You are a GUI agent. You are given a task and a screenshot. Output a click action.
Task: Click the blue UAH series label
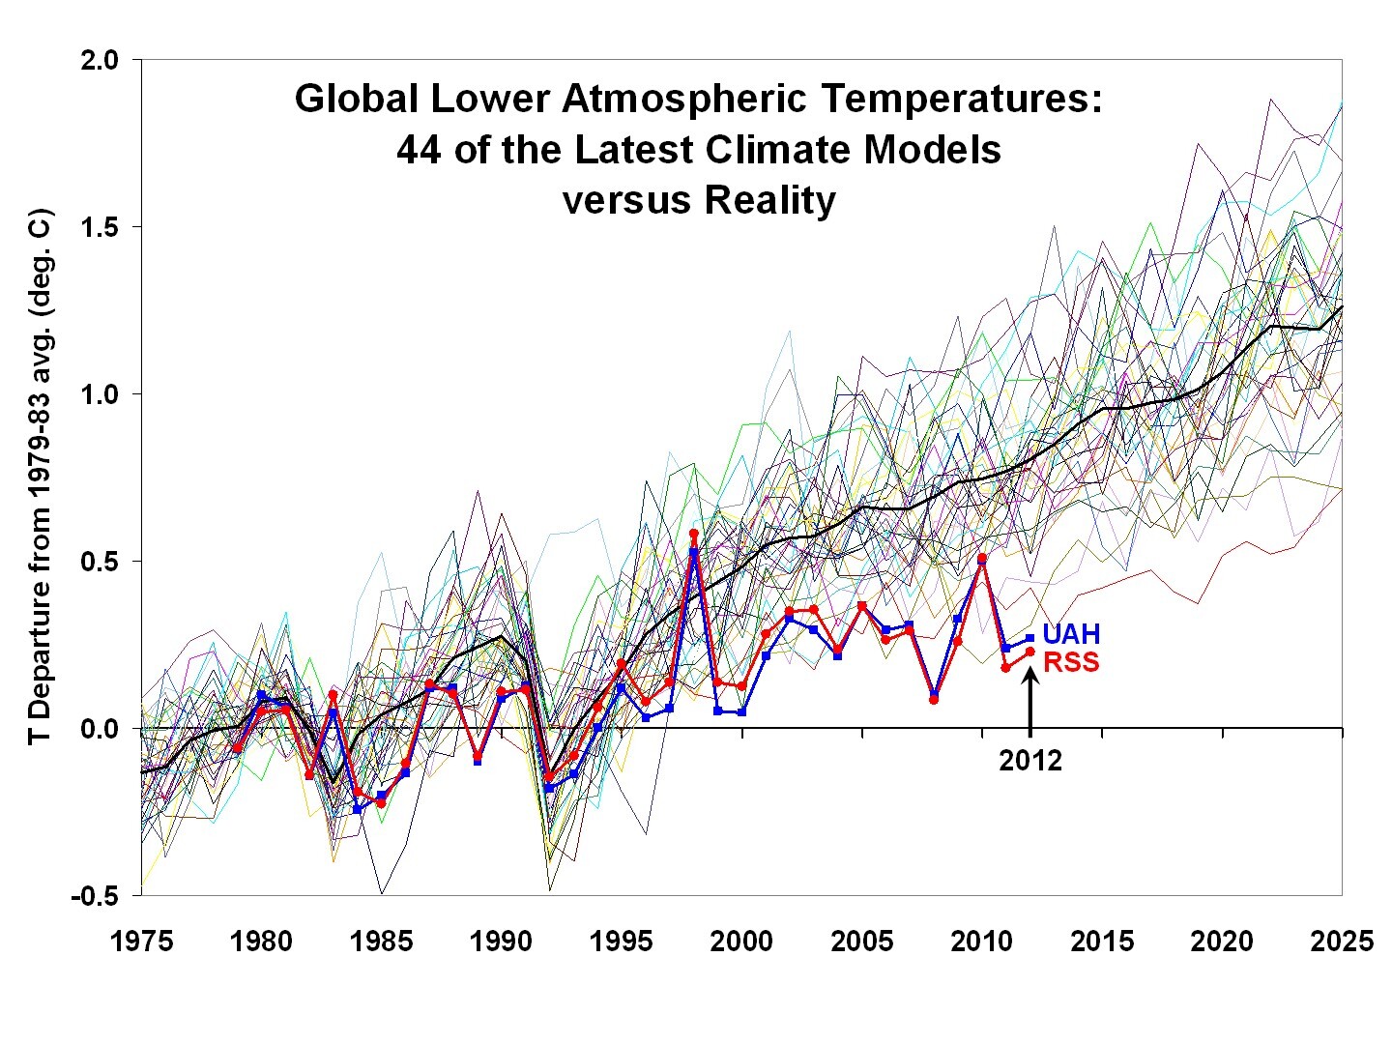1071,634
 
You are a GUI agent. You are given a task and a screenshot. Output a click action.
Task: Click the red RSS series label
1071,662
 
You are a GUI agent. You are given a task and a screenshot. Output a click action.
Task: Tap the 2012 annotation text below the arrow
1030,761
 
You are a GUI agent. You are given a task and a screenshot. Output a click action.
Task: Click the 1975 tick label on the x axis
143,941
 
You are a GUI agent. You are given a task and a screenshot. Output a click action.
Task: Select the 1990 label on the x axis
502,941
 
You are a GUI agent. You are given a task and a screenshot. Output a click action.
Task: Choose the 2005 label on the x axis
862,941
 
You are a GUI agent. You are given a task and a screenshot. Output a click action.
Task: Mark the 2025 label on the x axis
1342,941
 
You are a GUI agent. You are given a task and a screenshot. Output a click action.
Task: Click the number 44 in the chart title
418,150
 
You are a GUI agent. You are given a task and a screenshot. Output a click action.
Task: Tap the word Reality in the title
768,200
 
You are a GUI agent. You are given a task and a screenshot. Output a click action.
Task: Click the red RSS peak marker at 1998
694,534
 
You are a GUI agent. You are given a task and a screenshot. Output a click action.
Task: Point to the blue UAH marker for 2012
1029,638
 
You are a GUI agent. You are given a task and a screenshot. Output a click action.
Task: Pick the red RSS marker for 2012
1029,652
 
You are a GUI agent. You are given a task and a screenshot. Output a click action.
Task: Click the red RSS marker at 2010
982,559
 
